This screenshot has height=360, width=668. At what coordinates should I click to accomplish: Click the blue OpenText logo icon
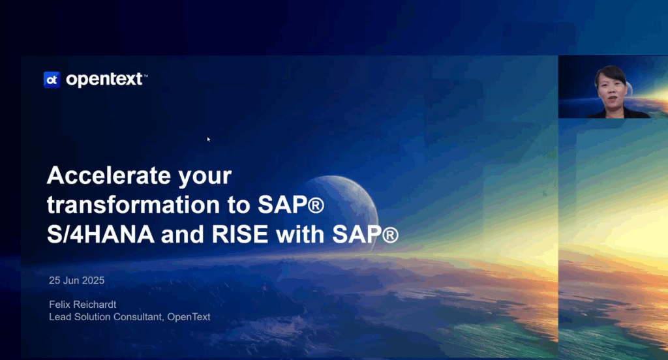[x=52, y=80]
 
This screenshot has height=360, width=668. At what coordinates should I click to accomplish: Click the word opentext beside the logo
[x=104, y=80]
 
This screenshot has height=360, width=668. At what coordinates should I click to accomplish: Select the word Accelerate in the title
[x=99, y=176]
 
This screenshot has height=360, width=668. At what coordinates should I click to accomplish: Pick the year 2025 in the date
[x=92, y=280]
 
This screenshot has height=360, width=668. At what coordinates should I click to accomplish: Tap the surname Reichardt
[x=97, y=304]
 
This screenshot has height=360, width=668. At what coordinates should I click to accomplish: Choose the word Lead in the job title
[x=59, y=317]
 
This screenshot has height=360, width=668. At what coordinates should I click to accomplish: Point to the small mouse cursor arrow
[x=209, y=139]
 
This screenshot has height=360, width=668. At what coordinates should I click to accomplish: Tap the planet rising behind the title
[x=339, y=196]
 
